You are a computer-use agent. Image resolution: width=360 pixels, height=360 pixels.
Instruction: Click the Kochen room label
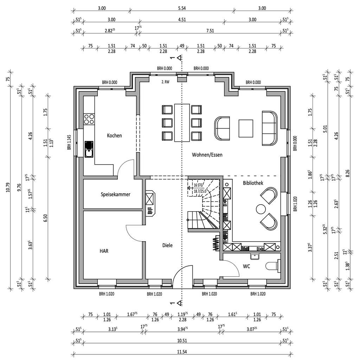point(114,135)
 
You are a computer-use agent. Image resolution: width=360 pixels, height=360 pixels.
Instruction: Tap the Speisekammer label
point(115,194)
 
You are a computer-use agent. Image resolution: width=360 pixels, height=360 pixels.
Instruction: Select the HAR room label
point(104,251)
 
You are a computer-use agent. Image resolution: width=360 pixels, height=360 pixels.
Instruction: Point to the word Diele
point(167,245)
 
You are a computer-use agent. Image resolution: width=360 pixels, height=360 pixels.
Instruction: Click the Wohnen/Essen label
point(207,154)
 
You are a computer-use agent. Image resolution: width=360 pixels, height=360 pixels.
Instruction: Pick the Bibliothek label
point(253,183)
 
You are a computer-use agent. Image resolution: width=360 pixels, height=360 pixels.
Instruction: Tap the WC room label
point(246,266)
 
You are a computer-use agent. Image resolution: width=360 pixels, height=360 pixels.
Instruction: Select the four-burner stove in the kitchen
point(89,119)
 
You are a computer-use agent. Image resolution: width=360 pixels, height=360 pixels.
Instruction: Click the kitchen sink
point(89,148)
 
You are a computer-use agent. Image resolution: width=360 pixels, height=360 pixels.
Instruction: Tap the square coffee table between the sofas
point(246,128)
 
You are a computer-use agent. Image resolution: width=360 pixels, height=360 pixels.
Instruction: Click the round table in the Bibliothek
point(261,209)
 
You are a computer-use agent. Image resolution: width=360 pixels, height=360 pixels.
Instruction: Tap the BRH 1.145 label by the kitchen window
point(70,142)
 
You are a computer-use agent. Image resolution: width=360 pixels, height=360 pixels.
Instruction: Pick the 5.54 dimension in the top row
point(181,8)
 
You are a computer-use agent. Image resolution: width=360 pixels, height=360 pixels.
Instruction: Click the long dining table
point(181,122)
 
